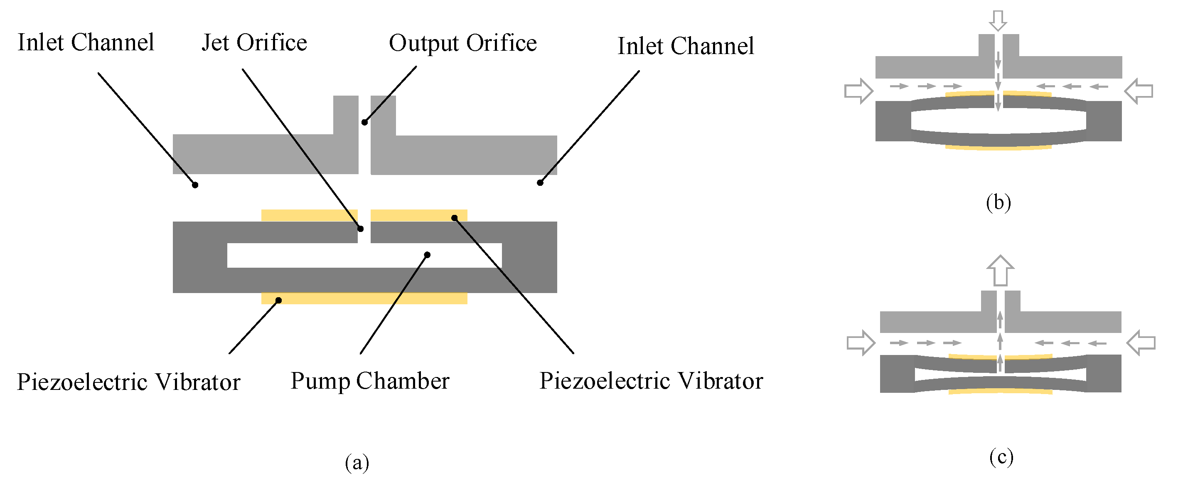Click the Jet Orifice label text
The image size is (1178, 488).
coord(254,43)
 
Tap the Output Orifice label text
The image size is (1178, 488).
coord(462,44)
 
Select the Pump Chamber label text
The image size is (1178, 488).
coord(370,381)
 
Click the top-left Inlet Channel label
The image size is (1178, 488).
coord(86,42)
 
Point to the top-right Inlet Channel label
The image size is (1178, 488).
coord(686,46)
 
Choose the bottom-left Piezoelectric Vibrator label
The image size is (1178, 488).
coord(128,382)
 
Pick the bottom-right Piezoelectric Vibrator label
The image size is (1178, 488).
coord(651,381)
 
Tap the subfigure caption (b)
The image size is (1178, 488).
coord(998,202)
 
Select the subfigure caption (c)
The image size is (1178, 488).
coord(1001,456)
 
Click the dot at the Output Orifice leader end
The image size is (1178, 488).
coord(364,122)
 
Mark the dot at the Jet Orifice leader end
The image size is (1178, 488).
coord(360,229)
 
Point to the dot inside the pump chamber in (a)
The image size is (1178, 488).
coord(427,255)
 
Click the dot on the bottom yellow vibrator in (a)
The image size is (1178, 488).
coord(278,301)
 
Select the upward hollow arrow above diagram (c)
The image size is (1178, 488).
coord(1001,270)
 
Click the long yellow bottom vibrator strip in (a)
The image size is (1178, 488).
coord(364,298)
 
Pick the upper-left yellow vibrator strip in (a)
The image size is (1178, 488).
coord(309,215)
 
